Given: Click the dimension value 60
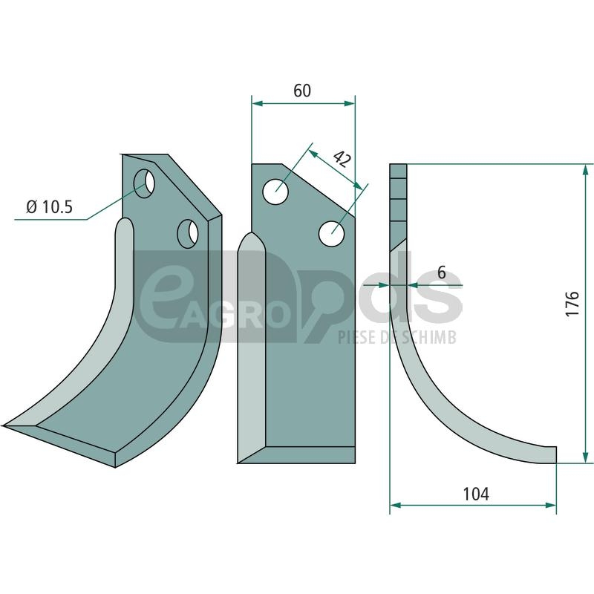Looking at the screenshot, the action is click(x=302, y=91).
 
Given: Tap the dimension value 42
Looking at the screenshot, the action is click(x=342, y=160).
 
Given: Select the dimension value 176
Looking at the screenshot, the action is click(x=572, y=304).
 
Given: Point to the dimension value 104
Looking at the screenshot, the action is click(x=476, y=494).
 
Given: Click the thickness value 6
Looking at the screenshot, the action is click(x=442, y=272).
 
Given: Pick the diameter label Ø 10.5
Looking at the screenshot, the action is click(x=49, y=207).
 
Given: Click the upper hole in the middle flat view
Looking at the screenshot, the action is click(x=275, y=192).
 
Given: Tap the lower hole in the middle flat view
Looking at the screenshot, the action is click(x=332, y=233).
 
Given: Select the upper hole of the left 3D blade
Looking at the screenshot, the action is click(x=144, y=183).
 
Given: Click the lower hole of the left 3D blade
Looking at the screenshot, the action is click(x=188, y=234).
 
